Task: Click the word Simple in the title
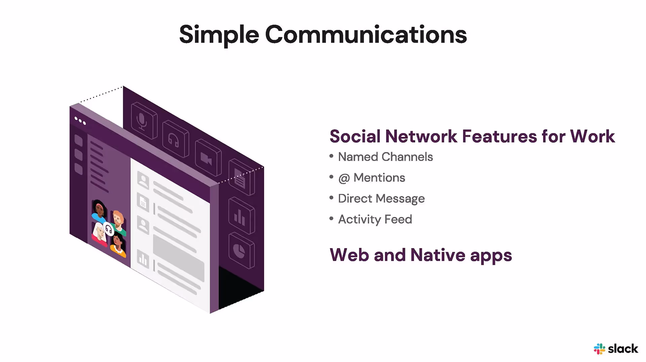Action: (x=219, y=35)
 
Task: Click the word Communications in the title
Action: (x=366, y=35)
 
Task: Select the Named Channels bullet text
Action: (x=385, y=157)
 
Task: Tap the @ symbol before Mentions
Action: (x=344, y=178)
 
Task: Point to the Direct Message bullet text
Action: (x=381, y=199)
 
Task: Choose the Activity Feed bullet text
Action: (x=375, y=220)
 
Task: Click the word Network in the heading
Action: (x=421, y=136)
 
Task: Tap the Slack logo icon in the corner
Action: (x=599, y=349)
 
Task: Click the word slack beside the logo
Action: (x=623, y=349)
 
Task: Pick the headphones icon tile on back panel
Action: (x=175, y=139)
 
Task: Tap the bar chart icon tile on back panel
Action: (x=241, y=216)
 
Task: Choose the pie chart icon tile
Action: (x=241, y=251)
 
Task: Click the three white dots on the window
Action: (x=80, y=121)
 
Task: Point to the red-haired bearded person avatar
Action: (x=118, y=221)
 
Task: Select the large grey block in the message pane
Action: (x=178, y=257)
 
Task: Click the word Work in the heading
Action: (x=592, y=136)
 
